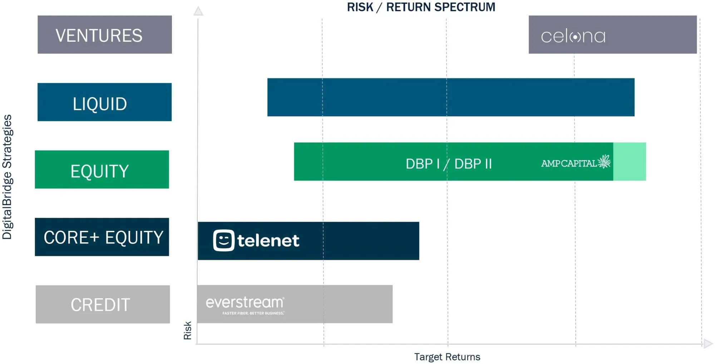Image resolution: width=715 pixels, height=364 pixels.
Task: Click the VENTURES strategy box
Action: click(104, 35)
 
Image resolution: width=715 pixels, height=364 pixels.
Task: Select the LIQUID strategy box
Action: click(104, 102)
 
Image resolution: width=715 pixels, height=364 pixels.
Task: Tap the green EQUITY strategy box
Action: click(102, 170)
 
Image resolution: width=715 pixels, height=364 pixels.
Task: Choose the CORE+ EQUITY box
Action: click(102, 237)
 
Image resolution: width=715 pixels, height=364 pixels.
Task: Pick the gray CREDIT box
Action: click(103, 304)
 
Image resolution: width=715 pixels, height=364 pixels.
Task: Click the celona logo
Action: click(573, 36)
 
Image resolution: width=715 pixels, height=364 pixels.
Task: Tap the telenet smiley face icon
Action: click(224, 240)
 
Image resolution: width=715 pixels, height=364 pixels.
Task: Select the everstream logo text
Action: click(245, 302)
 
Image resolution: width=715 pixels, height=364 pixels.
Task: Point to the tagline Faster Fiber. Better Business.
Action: click(253, 313)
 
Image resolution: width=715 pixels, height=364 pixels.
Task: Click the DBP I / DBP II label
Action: click(449, 164)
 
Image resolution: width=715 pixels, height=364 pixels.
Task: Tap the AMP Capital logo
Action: click(576, 162)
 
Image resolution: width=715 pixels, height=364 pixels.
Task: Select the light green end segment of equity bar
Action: click(629, 162)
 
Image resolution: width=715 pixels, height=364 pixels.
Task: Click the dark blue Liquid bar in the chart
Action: click(450, 97)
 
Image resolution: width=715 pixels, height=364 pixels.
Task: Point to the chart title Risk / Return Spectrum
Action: click(421, 7)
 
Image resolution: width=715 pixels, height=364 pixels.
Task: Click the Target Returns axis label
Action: click(447, 357)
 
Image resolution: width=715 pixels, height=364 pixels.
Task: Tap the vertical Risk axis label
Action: click(187, 330)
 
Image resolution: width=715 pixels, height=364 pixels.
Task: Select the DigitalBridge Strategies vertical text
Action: click(7, 177)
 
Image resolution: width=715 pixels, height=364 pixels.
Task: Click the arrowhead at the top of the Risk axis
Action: click(198, 11)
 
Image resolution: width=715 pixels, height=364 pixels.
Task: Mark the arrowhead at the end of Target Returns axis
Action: click(708, 344)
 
